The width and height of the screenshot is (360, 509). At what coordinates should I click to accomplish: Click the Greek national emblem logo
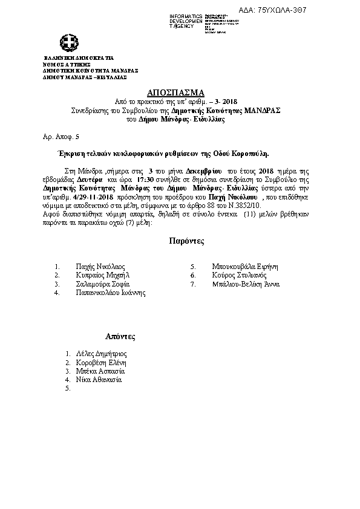[x=68, y=43]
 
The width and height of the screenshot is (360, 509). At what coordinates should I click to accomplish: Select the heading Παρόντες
[x=187, y=241]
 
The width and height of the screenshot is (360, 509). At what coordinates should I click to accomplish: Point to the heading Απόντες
[x=120, y=336]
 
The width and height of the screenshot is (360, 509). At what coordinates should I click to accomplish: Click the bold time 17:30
[x=146, y=180]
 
